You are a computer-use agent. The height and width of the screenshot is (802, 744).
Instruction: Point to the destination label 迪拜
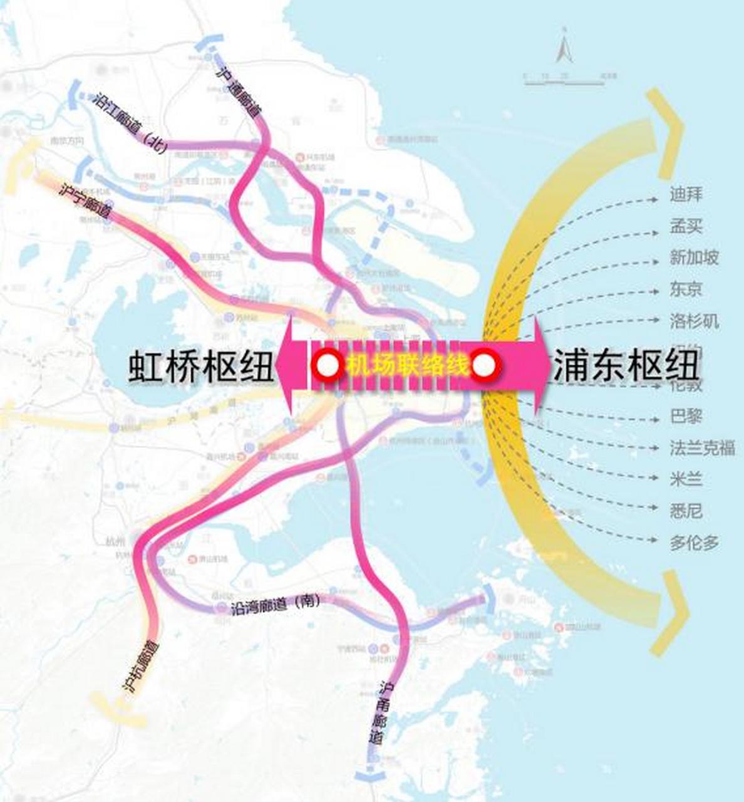[685, 194]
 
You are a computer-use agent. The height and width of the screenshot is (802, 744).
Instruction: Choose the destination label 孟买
[685, 226]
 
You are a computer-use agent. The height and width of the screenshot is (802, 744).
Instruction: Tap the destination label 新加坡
[693, 258]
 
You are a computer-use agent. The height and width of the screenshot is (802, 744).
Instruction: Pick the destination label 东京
[685, 289]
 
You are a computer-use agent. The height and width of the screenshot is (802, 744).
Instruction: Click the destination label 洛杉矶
[693, 321]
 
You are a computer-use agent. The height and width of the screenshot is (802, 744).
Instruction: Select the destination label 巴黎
[685, 416]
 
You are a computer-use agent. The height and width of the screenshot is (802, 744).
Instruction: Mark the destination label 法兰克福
[701, 448]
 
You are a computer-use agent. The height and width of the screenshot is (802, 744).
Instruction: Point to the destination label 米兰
[685, 480]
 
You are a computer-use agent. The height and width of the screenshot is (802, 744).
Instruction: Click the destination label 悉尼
[685, 511]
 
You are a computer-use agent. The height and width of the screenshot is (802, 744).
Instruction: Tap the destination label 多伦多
[693, 543]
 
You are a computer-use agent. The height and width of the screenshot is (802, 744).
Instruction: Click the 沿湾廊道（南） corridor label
[276, 605]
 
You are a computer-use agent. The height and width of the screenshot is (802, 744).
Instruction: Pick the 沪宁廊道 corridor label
[85, 201]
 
